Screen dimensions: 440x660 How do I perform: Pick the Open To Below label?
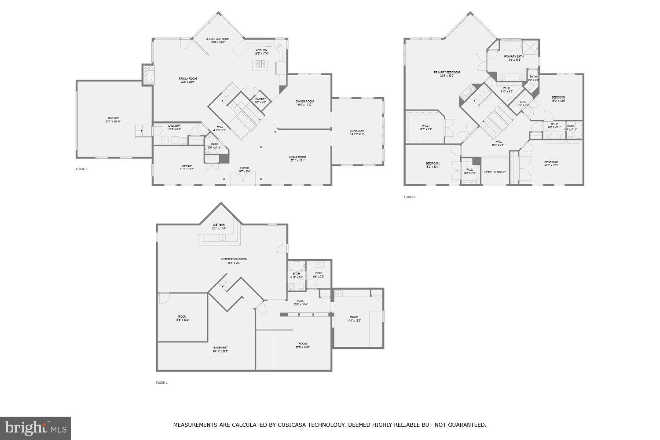(x=495, y=172)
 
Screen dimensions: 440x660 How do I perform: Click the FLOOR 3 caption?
(x=410, y=197)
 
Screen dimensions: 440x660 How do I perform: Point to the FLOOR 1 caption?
(x=161, y=383)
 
